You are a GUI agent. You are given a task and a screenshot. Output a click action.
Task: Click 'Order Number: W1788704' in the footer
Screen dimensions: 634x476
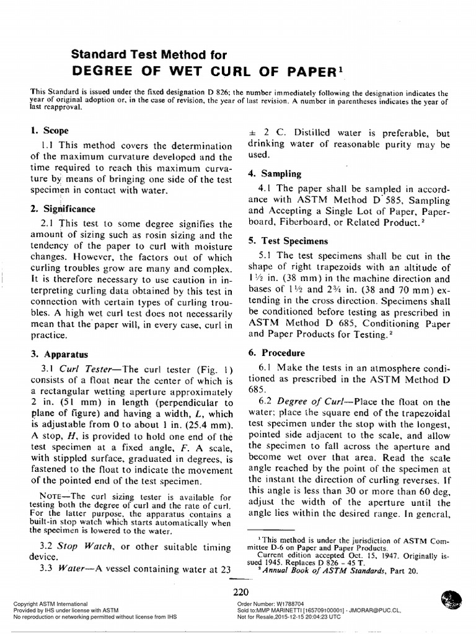coord(273,603)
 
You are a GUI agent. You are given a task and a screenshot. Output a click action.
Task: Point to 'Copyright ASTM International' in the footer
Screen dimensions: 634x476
coord(46,603)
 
